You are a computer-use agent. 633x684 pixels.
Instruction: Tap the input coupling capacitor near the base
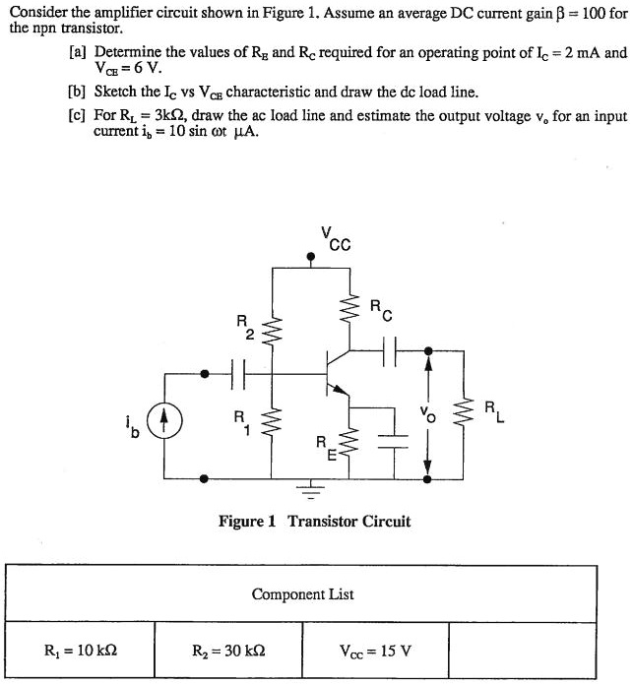coord(236,373)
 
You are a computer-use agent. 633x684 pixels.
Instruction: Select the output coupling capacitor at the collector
coord(388,347)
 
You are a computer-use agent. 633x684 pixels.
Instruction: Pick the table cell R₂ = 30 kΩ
coord(227,650)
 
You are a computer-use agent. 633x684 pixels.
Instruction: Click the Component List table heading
coord(302,593)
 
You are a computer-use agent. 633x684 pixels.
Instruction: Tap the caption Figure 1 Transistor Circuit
coord(314,522)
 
